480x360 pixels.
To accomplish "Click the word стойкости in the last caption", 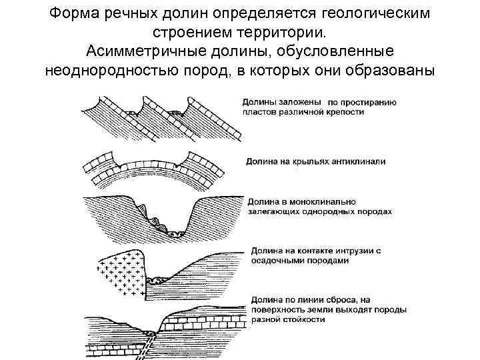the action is point(303,319).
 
